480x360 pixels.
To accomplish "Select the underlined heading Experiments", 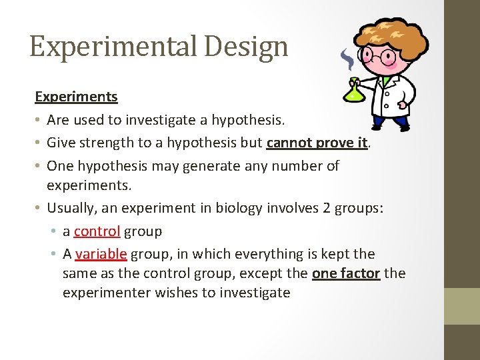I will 76,96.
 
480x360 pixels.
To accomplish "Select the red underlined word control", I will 97,231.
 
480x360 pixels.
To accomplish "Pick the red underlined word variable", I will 101,254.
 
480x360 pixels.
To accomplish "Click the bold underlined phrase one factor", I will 346,273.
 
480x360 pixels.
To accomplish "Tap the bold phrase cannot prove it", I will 317,142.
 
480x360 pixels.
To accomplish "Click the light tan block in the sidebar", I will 462,305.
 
